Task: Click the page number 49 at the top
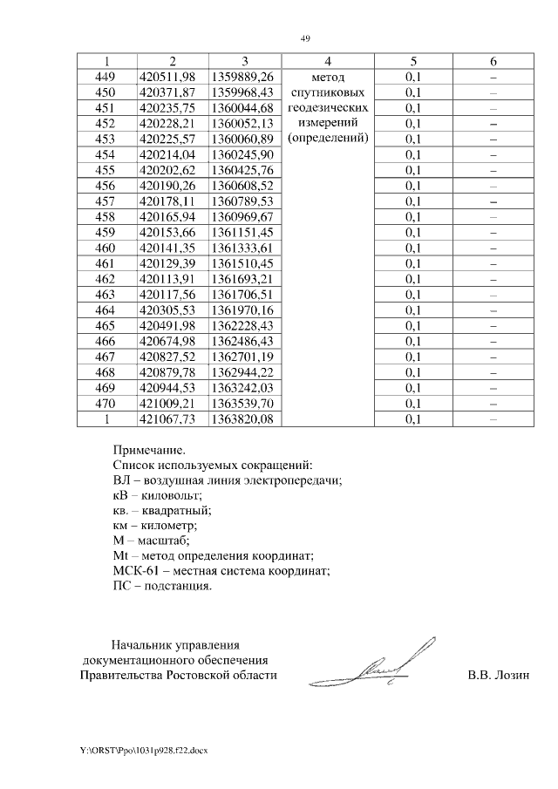305,38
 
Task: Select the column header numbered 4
327,61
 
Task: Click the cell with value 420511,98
173,77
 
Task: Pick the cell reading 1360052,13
243,123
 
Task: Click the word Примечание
149,451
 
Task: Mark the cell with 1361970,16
243,309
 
